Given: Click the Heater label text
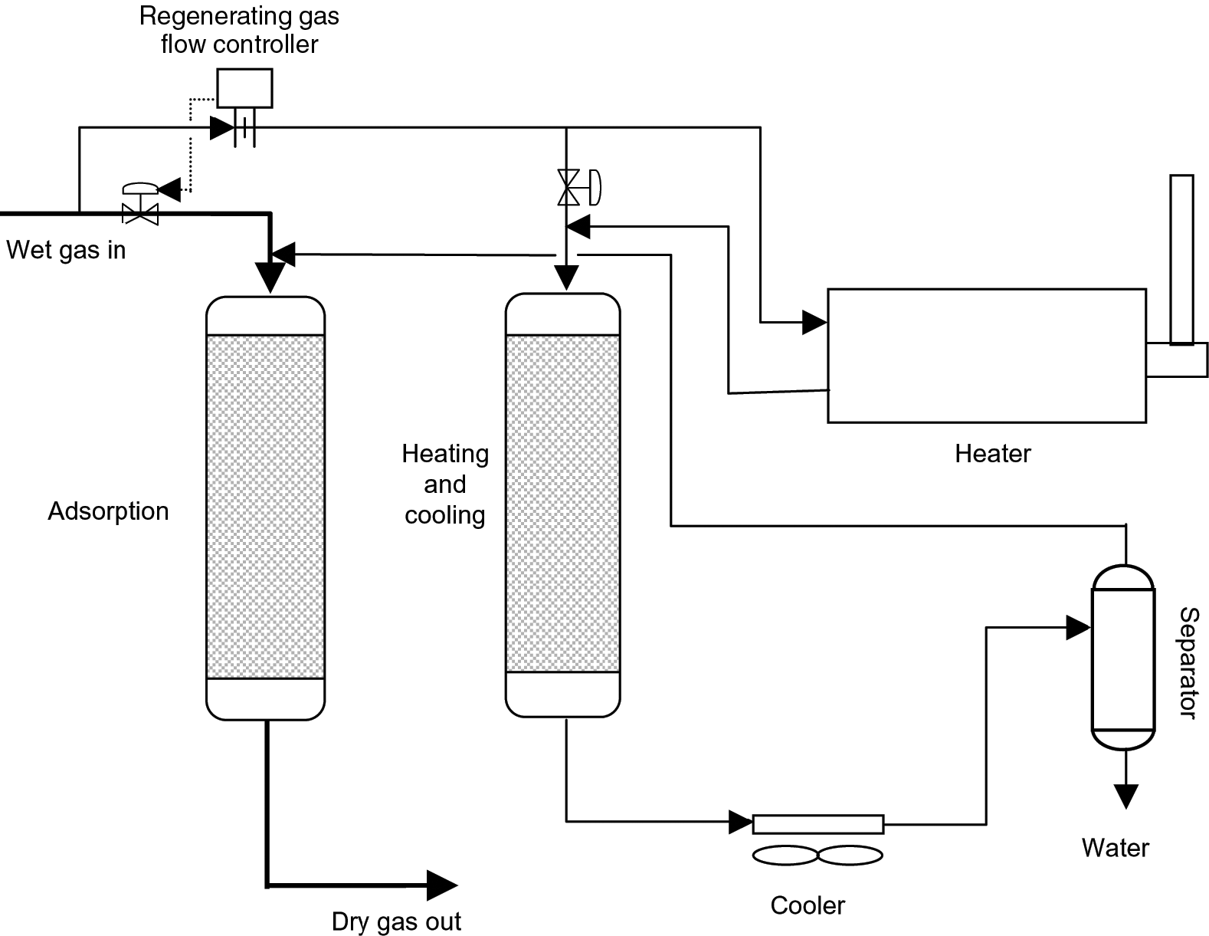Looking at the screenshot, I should pos(992,454).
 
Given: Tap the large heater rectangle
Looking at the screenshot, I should pos(986,355).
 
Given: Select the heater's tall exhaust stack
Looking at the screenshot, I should pos(1181,259).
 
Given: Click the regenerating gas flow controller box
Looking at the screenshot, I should pos(244,88).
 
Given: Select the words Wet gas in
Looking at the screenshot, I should pos(66,250).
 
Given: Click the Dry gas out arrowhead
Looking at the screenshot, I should pos(441,885).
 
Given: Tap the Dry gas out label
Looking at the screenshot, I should pos(396,921).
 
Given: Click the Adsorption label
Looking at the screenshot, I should pos(108,511).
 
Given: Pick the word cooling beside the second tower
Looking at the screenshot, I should pos(444,515).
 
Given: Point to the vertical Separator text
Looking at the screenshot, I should pos(1187,662).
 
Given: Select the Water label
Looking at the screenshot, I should pos(1115,848).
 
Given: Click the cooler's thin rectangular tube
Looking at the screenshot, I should pos(817,824).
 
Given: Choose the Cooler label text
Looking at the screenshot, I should pos(807,905).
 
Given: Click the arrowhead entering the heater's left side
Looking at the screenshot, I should pos(814,322).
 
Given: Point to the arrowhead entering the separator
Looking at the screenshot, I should pos(1078,628).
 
